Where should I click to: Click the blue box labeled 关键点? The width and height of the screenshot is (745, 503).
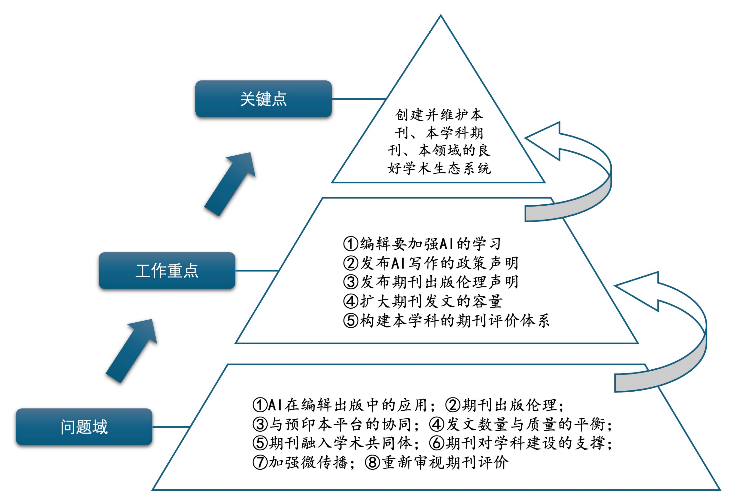[263, 99]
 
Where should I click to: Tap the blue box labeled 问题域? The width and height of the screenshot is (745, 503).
[84, 427]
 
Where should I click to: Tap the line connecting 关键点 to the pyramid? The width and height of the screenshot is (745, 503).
[358, 99]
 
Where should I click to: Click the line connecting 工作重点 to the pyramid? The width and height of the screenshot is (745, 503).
[256, 271]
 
